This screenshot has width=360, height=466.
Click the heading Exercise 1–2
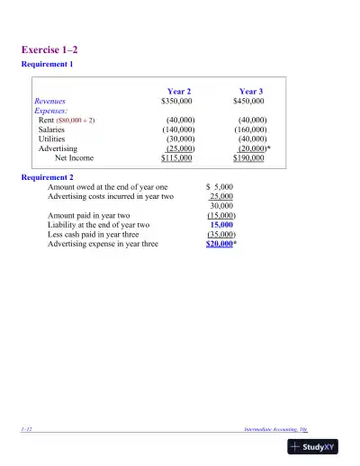pos(55,49)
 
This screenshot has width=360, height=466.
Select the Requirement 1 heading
pos(47,65)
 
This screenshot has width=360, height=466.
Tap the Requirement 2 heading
pos(48,177)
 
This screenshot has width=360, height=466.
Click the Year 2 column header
pos(178,91)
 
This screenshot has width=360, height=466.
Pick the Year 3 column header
pos(250,91)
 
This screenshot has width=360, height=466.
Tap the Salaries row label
pos(51,130)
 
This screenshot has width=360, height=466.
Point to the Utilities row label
pos(51,139)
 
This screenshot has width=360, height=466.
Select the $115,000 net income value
pos(176,158)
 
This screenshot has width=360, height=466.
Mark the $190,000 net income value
pos(248,158)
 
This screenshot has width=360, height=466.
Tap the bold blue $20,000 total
pos(220,243)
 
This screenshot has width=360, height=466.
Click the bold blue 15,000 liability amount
pos(221,225)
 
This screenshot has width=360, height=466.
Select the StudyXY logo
pos(319,446)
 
